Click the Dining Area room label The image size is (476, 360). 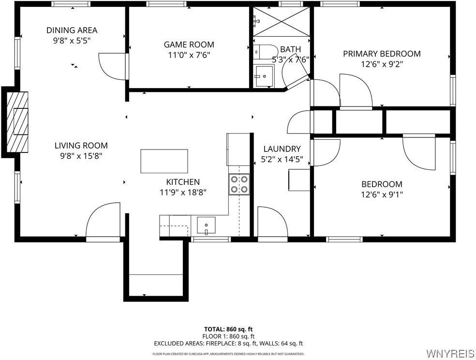(72, 30)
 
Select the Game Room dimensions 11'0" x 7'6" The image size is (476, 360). (189, 55)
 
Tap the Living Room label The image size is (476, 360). (81, 145)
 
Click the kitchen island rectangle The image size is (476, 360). (164, 161)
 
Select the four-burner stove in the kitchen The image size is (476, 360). (239, 184)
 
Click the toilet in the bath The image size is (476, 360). (264, 50)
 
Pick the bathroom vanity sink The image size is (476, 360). (264, 76)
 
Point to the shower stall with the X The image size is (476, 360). (281, 21)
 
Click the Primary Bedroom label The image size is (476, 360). (382, 54)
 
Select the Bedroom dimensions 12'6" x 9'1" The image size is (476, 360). (382, 195)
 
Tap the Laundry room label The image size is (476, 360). (282, 149)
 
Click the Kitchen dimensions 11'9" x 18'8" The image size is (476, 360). (183, 192)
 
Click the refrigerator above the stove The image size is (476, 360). (238, 149)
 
